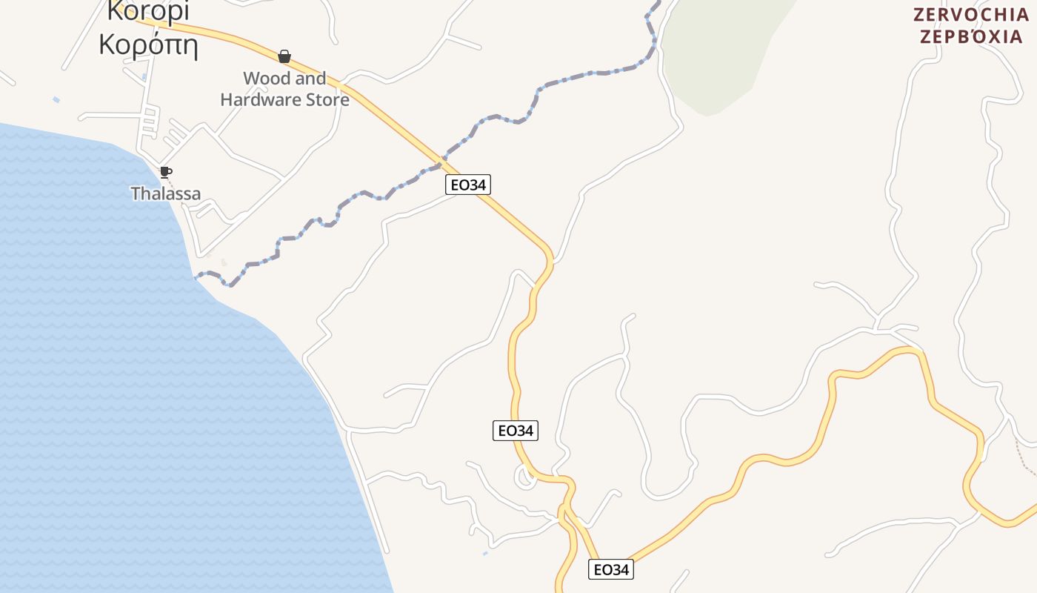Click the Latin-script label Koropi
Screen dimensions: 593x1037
(x=148, y=10)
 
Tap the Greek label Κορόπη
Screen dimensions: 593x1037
(x=148, y=44)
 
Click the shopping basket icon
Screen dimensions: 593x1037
(x=284, y=56)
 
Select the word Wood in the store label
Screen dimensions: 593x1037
(x=264, y=79)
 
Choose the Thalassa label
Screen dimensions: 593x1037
(x=166, y=194)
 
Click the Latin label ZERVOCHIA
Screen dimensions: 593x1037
(x=970, y=15)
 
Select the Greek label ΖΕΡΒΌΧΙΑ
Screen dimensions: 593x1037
(x=970, y=36)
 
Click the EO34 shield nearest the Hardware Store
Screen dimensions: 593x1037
(x=468, y=185)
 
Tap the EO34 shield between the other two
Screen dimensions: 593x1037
(x=515, y=430)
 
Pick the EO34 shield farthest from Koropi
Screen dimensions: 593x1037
(x=611, y=569)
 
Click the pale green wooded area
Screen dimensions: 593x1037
(x=718, y=52)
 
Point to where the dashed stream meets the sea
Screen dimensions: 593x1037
(x=196, y=278)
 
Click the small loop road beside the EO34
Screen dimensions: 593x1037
(x=525, y=477)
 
